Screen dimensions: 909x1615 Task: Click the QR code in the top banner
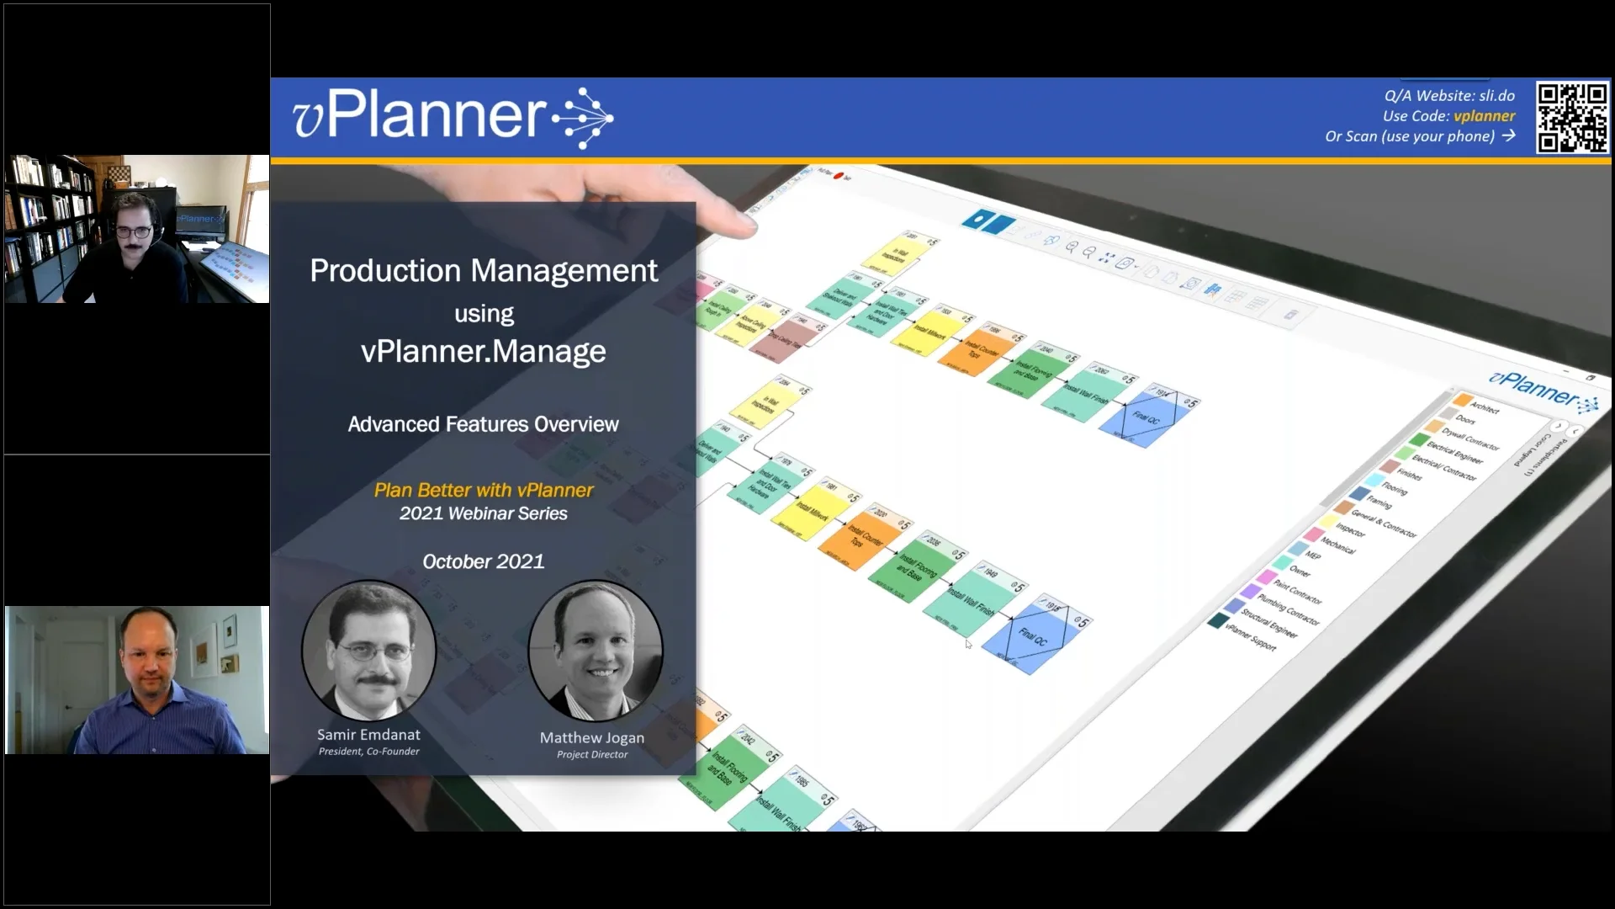click(1571, 117)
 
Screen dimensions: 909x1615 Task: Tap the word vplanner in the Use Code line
click(1484, 116)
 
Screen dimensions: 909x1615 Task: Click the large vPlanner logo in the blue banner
click(452, 116)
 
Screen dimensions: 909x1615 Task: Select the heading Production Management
click(484, 271)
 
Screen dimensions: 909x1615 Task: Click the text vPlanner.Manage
click(484, 351)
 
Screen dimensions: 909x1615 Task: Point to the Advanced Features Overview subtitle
click(484, 424)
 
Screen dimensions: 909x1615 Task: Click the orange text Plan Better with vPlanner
click(484, 490)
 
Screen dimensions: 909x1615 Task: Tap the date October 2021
click(484, 561)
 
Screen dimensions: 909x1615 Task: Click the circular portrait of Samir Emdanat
click(368, 650)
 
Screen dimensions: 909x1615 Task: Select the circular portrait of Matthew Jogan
click(595, 650)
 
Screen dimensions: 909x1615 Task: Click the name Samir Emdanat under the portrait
click(368, 735)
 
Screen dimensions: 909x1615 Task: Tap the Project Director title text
click(592, 755)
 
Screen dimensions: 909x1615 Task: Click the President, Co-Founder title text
click(368, 752)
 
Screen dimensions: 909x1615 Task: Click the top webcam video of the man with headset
click(137, 229)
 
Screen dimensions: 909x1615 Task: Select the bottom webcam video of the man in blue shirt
click(137, 680)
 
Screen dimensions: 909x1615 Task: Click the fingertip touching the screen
click(740, 223)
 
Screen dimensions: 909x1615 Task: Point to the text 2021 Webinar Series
click(484, 513)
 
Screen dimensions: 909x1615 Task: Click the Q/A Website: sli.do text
click(1449, 96)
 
